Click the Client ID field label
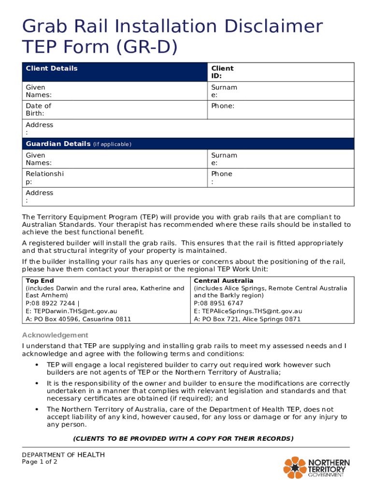(222, 72)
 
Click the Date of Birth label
(38, 109)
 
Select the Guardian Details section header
(58, 144)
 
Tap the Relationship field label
(44, 177)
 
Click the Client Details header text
(51, 68)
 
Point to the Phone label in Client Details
(222, 106)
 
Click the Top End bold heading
(40, 280)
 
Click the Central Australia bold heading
(223, 280)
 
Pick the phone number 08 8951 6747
(222, 304)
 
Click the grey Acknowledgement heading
(55, 335)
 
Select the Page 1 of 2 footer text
(40, 462)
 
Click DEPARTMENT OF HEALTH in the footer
(63, 455)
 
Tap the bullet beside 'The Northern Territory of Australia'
(37, 409)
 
